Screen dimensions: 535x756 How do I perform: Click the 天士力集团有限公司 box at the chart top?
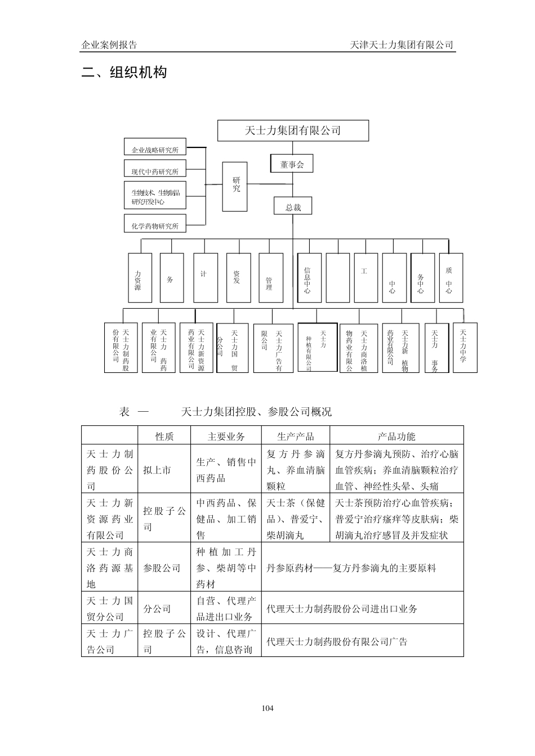click(x=293, y=130)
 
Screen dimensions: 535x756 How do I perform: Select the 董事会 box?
click(x=292, y=164)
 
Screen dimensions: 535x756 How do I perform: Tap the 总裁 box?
click(x=293, y=207)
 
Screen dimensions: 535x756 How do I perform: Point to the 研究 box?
click(x=235, y=186)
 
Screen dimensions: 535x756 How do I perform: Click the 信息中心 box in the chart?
click(x=309, y=277)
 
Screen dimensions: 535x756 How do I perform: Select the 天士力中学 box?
click(x=465, y=347)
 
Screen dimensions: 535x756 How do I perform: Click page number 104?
click(x=267, y=708)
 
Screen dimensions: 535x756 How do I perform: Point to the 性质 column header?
click(x=164, y=436)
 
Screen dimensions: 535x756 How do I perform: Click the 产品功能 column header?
click(x=396, y=436)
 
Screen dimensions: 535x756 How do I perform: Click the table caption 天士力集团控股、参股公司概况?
click(x=256, y=412)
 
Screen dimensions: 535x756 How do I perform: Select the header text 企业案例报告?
click(x=109, y=45)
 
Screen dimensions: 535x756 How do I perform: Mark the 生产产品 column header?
click(x=295, y=436)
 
